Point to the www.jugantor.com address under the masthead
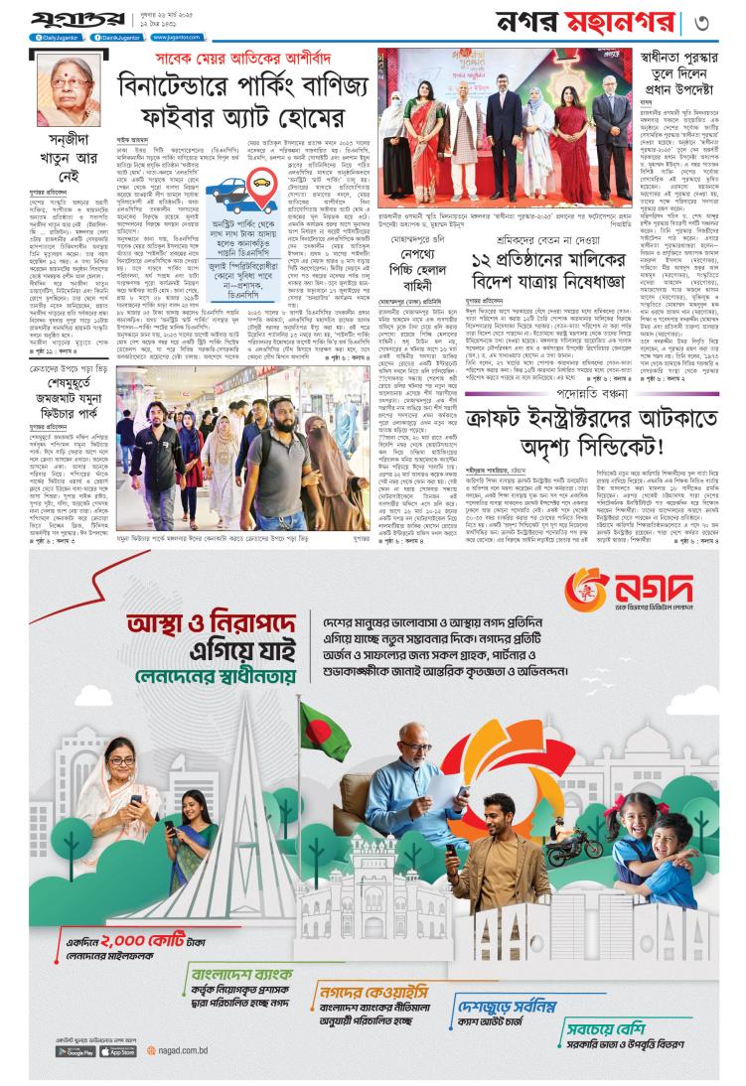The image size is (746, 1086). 166,38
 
